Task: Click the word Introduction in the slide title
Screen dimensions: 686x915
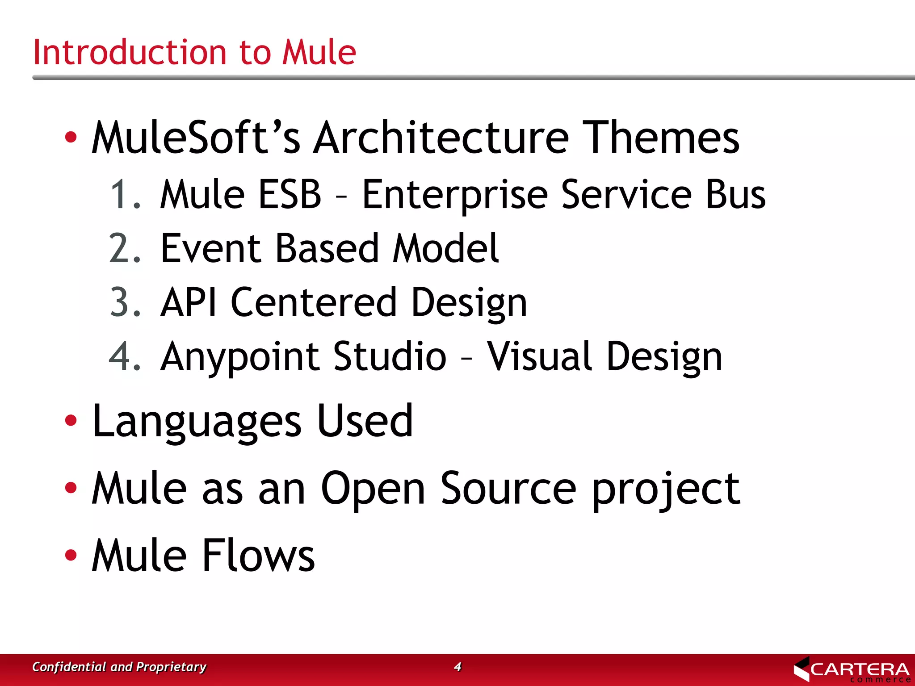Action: [x=130, y=52]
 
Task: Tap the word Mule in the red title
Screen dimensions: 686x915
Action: [x=319, y=52]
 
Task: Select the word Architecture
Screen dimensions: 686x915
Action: [x=441, y=138]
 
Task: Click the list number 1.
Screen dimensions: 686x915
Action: [x=125, y=195]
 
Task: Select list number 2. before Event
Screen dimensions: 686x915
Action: [x=125, y=249]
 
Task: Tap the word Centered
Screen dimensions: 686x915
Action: [x=314, y=303]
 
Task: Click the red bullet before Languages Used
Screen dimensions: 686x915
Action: [x=71, y=420]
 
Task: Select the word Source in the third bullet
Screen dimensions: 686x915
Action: [x=508, y=489]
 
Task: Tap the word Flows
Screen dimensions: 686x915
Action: [x=259, y=556]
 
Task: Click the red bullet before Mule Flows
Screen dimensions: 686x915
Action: [x=71, y=555]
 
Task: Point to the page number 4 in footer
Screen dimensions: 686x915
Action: [x=457, y=667]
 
